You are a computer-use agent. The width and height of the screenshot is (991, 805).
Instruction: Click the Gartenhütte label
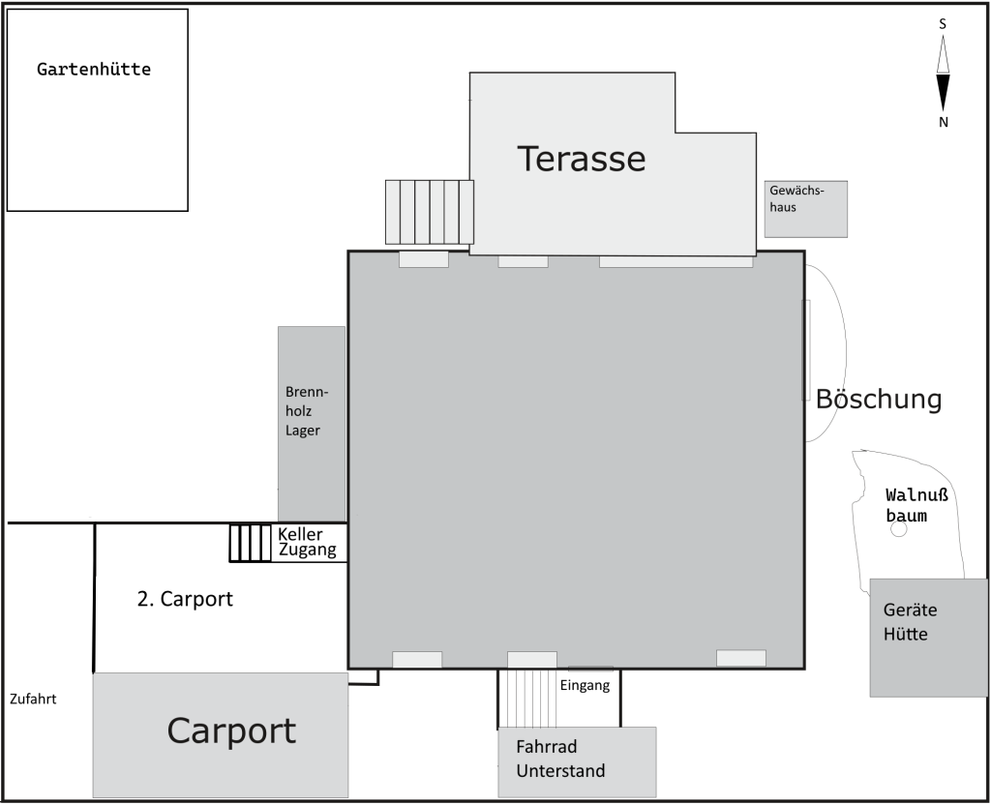tap(94, 69)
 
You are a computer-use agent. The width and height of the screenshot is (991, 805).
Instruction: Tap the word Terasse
tap(582, 159)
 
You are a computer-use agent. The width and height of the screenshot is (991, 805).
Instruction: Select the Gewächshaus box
tap(806, 209)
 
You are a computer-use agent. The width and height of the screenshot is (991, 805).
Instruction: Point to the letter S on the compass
tap(943, 24)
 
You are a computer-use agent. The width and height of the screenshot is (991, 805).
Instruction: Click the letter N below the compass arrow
tap(943, 122)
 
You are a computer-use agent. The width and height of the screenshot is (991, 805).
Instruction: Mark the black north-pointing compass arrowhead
tap(943, 93)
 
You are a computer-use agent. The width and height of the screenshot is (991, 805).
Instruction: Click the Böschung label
tap(879, 400)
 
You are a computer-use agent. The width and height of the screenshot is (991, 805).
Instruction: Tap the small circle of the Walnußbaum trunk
tap(898, 529)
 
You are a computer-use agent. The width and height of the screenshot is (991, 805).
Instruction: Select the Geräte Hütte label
tap(910, 622)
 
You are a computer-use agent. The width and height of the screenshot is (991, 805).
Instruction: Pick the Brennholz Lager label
tap(307, 411)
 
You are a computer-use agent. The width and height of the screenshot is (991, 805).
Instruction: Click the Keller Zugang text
tap(307, 542)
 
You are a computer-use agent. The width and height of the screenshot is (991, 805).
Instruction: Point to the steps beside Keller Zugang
tap(250, 543)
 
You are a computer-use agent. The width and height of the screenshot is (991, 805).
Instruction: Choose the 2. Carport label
tap(185, 598)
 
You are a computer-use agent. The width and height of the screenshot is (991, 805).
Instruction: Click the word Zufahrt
tap(33, 699)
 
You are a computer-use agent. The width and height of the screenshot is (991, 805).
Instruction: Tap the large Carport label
tap(231, 731)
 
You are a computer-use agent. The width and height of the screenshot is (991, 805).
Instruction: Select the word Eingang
tap(585, 686)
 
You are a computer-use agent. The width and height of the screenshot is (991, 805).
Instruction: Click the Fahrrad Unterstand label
tap(560, 759)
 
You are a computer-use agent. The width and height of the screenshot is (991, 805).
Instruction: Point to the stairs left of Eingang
tap(527, 699)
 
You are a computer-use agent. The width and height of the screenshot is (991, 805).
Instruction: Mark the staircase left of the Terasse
tap(430, 212)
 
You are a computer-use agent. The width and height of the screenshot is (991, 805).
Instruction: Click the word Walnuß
tap(916, 494)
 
